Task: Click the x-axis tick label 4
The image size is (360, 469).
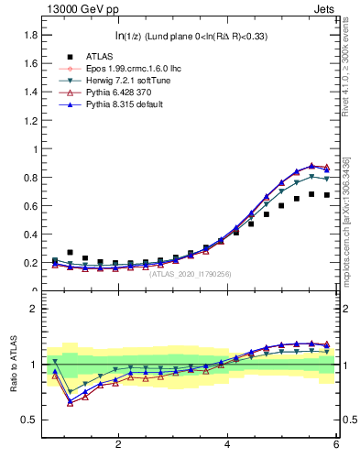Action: pos(227,444)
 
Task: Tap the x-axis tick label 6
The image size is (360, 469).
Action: pos(336,444)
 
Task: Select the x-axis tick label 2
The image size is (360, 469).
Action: pos(118,444)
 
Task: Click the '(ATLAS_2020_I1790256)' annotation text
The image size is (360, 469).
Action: pos(191,274)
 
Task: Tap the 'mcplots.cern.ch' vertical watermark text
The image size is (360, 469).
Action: pos(350,229)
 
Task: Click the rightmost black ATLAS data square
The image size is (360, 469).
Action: pos(327,195)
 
